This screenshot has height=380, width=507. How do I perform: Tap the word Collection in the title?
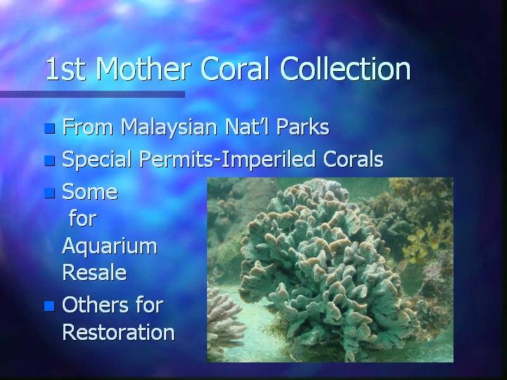[x=345, y=68]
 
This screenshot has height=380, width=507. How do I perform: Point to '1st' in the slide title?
[x=65, y=69]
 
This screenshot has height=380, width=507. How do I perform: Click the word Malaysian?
[x=169, y=127]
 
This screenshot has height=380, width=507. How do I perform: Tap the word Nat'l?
[x=246, y=127]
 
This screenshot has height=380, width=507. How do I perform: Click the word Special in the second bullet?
[x=96, y=160]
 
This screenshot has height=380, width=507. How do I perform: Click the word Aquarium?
[x=110, y=246]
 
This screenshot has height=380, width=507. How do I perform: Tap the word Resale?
[x=94, y=272]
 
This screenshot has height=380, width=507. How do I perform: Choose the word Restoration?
[x=118, y=332]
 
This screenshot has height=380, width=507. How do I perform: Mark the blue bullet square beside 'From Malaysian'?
[x=49, y=128]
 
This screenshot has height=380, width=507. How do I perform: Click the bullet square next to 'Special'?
[x=49, y=160]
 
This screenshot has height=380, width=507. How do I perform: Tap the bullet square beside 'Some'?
[x=49, y=193]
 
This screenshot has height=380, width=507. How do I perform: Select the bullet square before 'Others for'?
[x=49, y=306]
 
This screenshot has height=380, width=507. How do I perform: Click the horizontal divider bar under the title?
[x=92, y=94]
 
